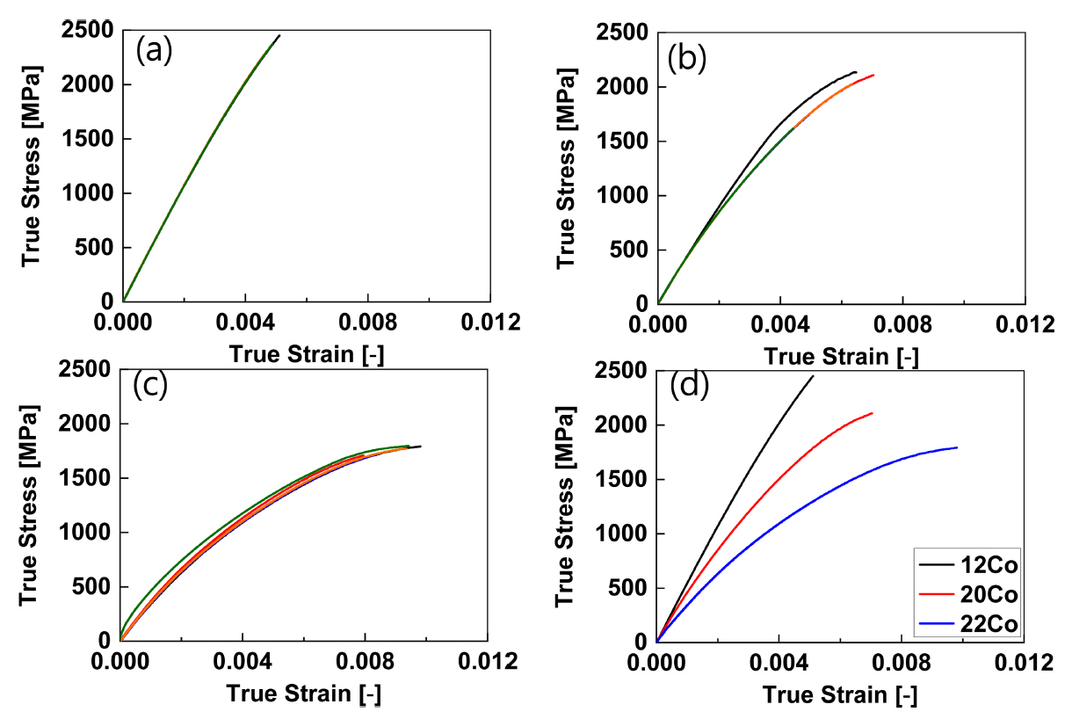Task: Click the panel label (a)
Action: pos(155,52)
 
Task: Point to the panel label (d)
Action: pos(688,386)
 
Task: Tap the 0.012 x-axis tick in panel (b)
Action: pos(1025,323)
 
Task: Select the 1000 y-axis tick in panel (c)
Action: pos(85,533)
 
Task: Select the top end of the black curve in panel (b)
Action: pos(856,72)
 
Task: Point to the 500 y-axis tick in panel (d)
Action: pos(628,588)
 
